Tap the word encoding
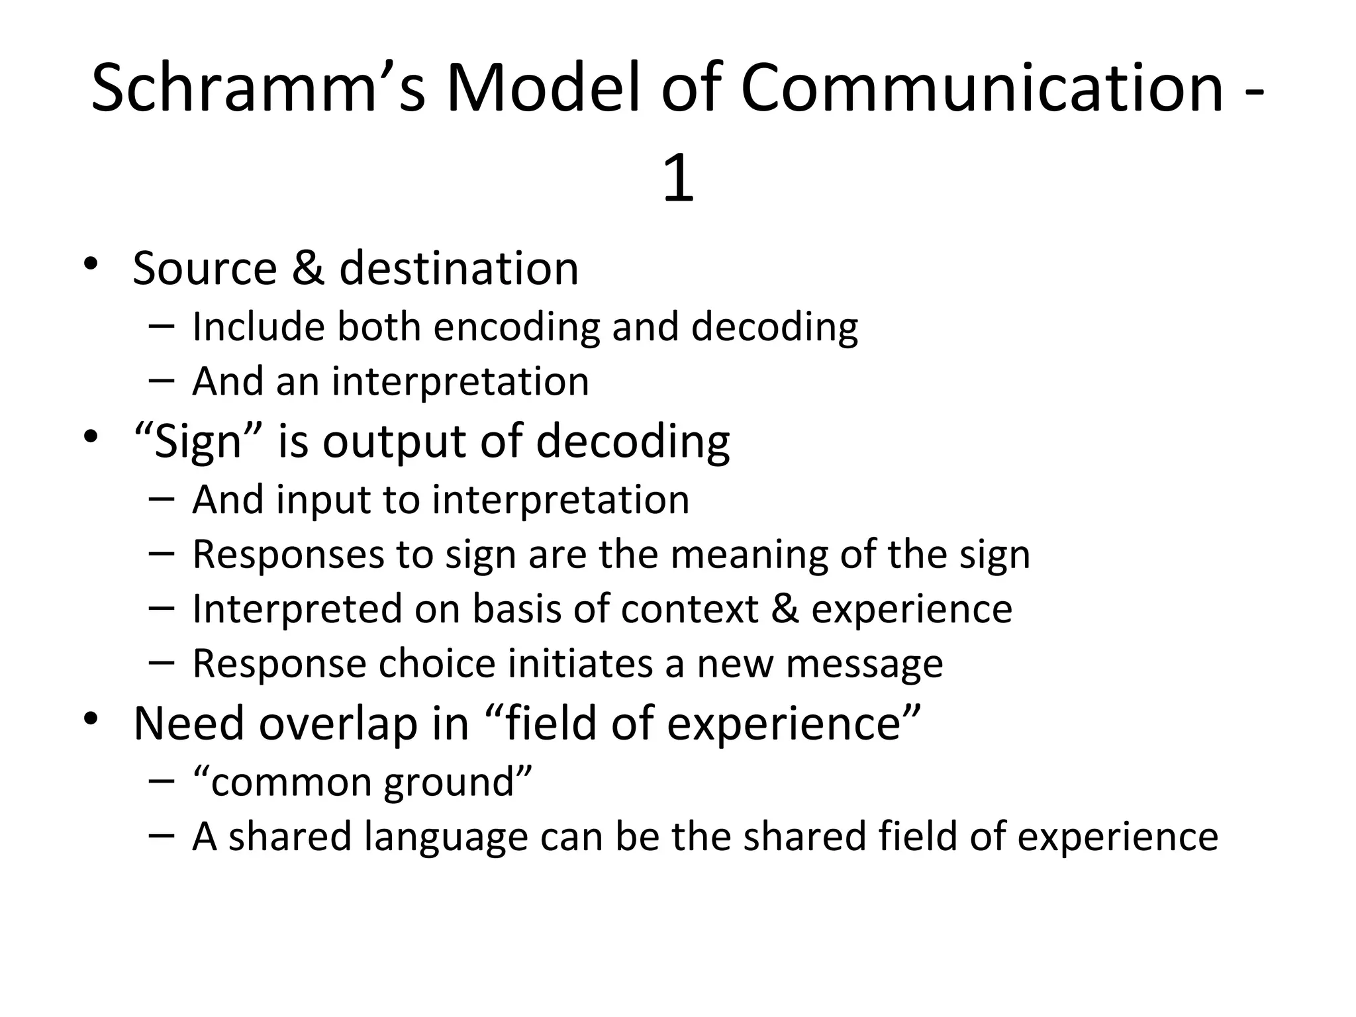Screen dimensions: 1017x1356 pyautogui.click(x=516, y=327)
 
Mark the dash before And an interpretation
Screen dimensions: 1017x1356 pyautogui.click(x=162, y=380)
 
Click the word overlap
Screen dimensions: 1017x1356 pyautogui.click(x=338, y=723)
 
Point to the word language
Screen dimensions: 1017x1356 pyautogui.click(x=446, y=837)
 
